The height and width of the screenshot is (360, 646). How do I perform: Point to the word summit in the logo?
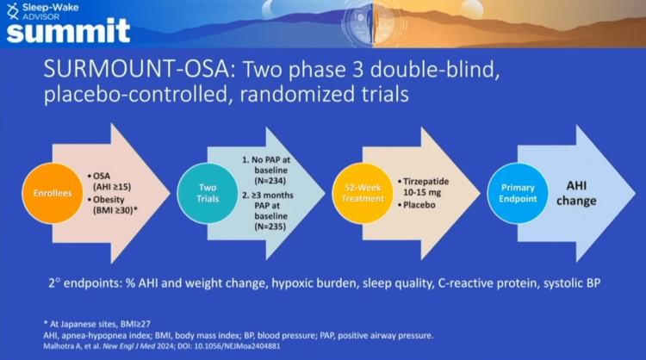pos(67,31)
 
